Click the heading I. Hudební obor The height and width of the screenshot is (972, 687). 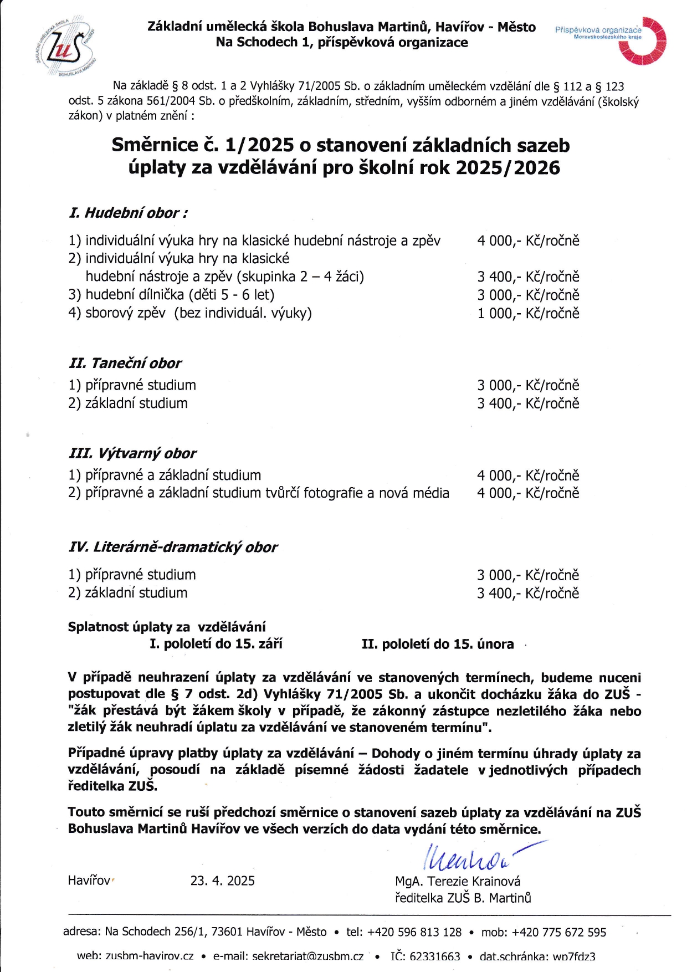pyautogui.click(x=128, y=213)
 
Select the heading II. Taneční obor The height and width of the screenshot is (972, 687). pyautogui.click(x=125, y=364)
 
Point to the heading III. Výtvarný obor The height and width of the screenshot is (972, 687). pyautogui.click(x=132, y=453)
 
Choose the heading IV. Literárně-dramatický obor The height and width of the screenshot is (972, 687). pyautogui.click(x=173, y=548)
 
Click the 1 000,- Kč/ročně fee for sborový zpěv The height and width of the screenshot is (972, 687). pyautogui.click(x=528, y=314)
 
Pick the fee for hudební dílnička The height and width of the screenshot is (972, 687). pyautogui.click(x=528, y=295)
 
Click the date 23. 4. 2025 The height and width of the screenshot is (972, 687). pyautogui.click(x=223, y=881)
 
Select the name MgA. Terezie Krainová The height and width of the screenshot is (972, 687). pyautogui.click(x=458, y=882)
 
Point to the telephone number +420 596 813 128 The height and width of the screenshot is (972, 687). pyautogui.click(x=414, y=932)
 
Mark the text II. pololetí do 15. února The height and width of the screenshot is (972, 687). pyautogui.click(x=438, y=644)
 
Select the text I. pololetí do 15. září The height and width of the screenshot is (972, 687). pyautogui.click(x=216, y=644)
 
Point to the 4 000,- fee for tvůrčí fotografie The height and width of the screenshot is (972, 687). pyautogui.click(x=528, y=493)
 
